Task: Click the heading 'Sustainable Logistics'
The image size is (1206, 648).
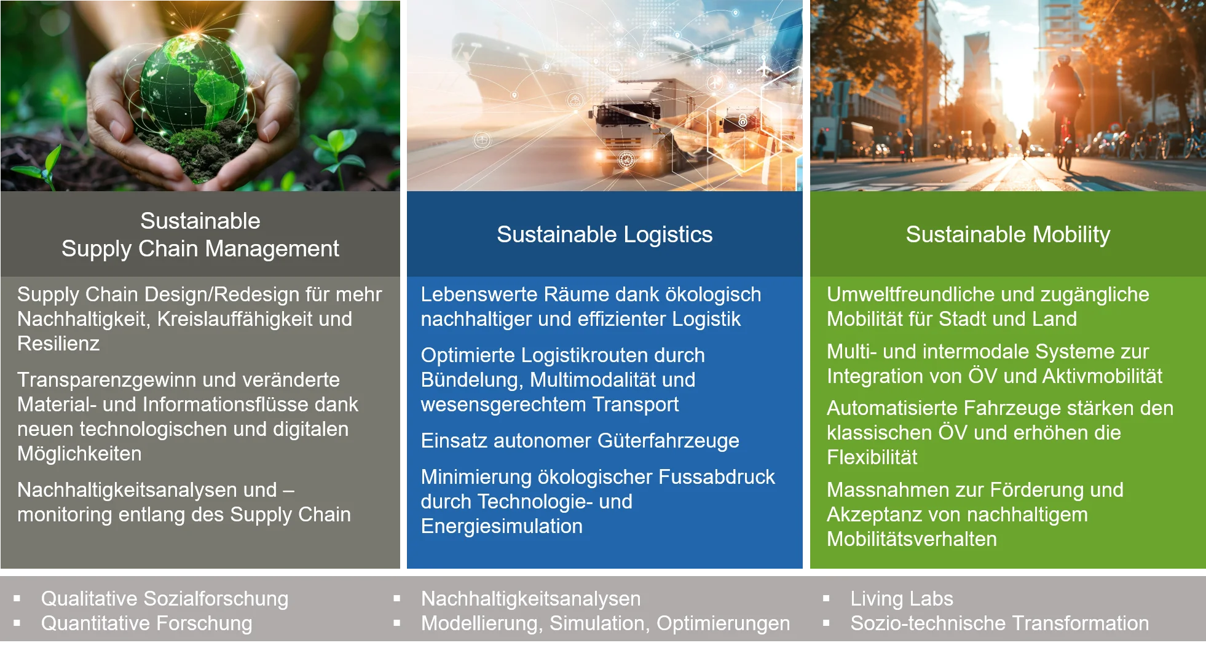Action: [604, 234]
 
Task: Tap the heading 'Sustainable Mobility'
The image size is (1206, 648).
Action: [1008, 234]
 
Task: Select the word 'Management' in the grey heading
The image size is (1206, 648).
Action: [272, 249]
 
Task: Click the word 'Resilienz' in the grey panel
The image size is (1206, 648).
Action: [58, 344]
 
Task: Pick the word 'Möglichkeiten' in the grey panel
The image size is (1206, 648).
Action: [79, 454]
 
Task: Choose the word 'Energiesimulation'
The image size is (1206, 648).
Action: [502, 526]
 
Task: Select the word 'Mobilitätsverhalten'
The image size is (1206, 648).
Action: [912, 539]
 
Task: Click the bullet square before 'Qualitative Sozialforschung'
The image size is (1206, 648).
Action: [17, 598]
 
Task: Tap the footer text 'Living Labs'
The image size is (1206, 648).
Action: [902, 599]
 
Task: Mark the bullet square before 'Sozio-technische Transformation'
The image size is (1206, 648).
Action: [826, 623]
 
